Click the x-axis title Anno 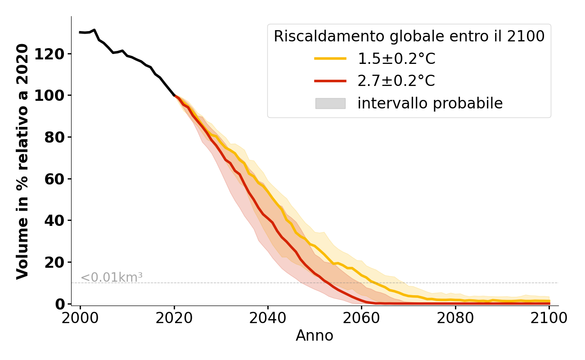[315, 336]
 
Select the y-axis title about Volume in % [22, 161]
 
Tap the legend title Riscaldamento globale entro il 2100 [409, 36]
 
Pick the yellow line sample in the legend [330, 58]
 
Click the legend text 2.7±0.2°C [396, 81]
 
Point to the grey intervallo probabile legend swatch [330, 103]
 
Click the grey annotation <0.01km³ [112, 278]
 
